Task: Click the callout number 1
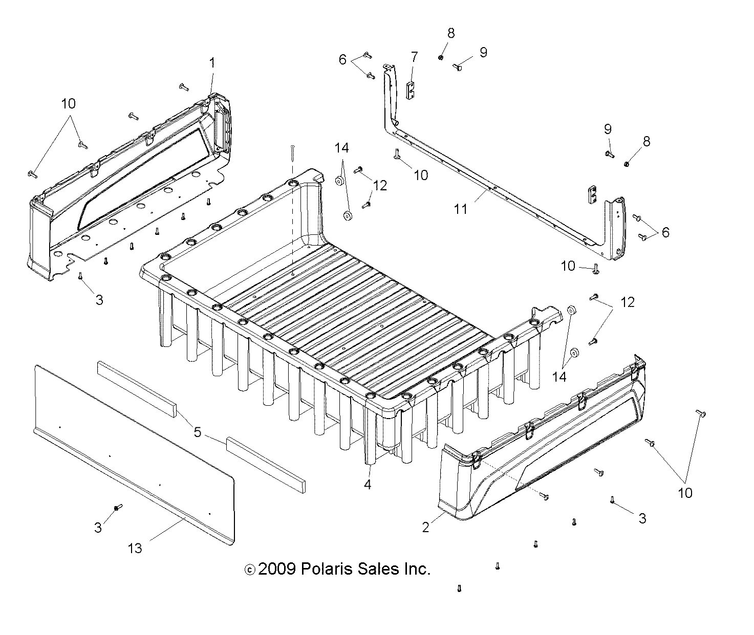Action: [212, 63]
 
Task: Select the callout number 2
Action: [426, 527]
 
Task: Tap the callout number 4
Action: [367, 484]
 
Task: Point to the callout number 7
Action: [414, 57]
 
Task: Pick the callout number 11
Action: [461, 209]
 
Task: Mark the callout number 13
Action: [135, 548]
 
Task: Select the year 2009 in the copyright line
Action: [277, 569]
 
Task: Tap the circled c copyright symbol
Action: [250, 570]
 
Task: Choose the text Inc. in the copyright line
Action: [416, 569]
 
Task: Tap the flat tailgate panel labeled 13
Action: [133, 450]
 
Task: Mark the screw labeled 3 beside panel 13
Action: [118, 507]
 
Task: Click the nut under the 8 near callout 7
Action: [441, 58]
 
